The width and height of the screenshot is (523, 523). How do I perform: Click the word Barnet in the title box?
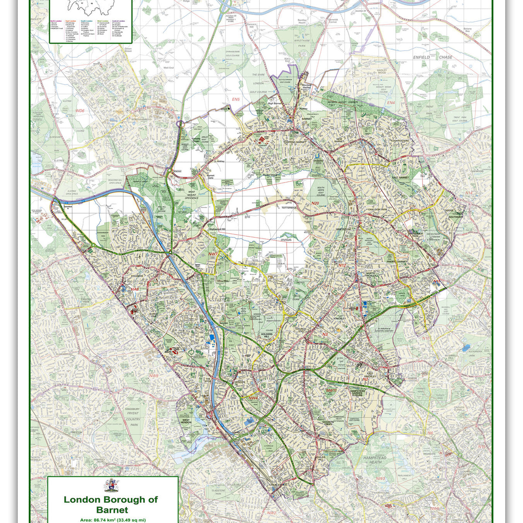(112, 509)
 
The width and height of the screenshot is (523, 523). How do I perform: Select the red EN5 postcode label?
(236, 100)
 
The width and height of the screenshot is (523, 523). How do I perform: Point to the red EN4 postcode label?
(391, 103)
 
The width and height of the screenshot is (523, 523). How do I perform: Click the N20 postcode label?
(316, 203)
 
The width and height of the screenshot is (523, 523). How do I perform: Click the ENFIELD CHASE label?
(426, 57)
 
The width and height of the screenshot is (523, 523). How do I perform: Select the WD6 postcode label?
(80, 111)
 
